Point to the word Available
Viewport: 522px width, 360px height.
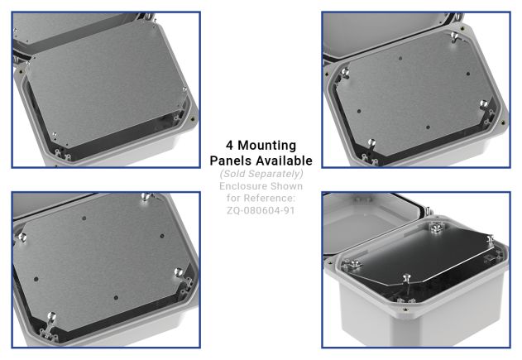coord(283,161)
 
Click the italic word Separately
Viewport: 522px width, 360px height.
coord(277,174)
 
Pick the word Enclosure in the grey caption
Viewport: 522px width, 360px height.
coord(245,186)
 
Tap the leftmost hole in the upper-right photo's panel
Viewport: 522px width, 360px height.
coord(358,110)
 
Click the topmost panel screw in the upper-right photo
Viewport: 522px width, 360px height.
coord(454,38)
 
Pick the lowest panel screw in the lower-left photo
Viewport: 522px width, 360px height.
coord(50,318)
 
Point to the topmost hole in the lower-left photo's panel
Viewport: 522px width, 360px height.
coord(84,217)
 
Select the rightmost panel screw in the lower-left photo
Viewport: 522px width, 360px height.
coord(179,270)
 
